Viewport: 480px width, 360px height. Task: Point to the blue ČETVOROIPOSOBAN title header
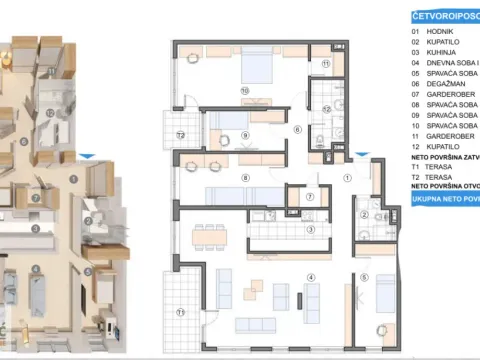pos(446,16)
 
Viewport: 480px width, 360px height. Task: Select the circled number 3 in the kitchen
pos(311,229)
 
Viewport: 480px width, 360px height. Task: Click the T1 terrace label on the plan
pos(181,312)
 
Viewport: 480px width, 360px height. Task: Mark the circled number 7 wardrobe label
pos(311,197)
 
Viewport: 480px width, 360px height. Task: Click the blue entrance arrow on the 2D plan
pos(361,157)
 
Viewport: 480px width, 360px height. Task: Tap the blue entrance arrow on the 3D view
pos(89,156)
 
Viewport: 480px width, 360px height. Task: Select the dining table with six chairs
pos(211,237)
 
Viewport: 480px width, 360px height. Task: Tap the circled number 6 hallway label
pos(297,130)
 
